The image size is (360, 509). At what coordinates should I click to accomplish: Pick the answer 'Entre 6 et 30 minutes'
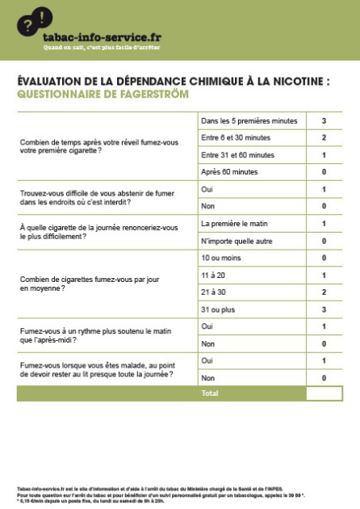point(235,137)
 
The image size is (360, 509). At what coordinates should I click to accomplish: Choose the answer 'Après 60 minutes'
point(229,171)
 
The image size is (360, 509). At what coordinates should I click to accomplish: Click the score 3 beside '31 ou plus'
point(324,309)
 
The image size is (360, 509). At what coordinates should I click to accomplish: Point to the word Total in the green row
point(210,393)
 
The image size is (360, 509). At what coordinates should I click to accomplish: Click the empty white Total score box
point(324,393)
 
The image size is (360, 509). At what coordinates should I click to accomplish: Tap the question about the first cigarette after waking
point(98,145)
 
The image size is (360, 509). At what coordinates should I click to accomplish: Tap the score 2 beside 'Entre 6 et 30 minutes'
point(324,137)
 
